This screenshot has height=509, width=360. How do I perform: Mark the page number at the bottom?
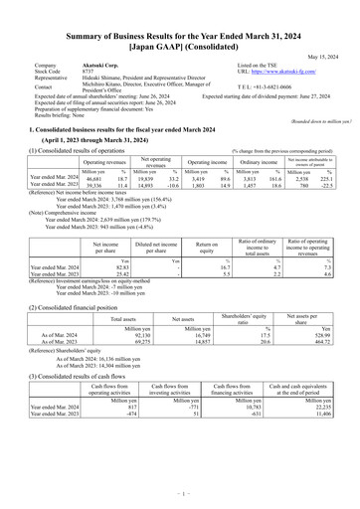point(179,492)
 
